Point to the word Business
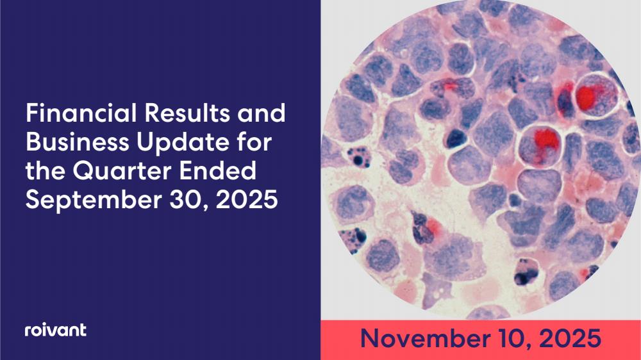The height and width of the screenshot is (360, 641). (78, 142)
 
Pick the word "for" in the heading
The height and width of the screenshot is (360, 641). (254, 142)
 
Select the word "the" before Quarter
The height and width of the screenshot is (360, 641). (44, 171)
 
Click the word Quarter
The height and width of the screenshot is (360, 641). (121, 172)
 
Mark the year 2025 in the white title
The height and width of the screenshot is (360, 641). (247, 200)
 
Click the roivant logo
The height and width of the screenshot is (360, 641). (56, 330)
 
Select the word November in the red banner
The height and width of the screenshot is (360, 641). (426, 339)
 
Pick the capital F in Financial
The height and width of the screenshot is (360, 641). (32, 113)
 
